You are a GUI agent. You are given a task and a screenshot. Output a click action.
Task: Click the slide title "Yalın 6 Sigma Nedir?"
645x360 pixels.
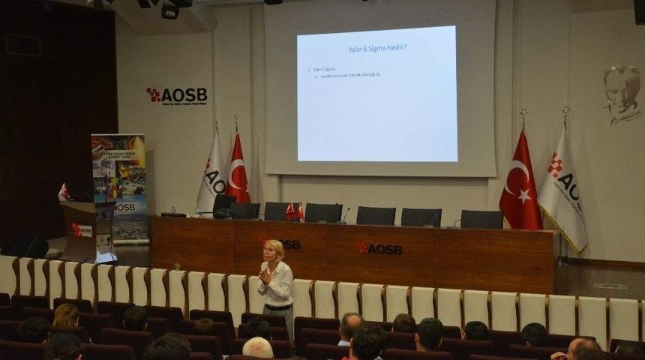(378, 49)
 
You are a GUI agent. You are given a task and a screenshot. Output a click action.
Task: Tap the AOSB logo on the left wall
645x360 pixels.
(176, 95)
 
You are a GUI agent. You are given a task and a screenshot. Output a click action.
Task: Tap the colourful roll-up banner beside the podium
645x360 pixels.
(119, 187)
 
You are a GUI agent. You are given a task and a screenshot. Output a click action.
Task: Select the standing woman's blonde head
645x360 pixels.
(275, 250)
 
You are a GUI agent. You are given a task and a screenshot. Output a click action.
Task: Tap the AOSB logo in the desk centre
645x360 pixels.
(379, 248)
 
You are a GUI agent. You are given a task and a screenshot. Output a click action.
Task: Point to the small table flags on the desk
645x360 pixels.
(295, 211)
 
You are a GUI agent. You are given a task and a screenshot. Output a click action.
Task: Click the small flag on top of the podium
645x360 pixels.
(63, 192)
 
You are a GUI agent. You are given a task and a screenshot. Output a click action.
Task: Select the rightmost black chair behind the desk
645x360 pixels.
(481, 218)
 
